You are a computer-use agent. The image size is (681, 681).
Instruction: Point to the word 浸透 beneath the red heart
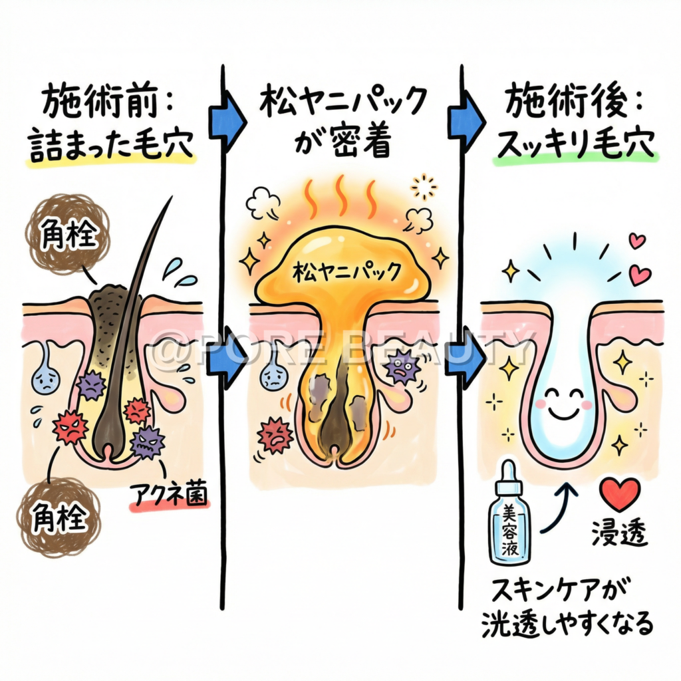coord(619,534)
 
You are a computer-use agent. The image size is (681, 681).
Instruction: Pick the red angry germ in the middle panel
coord(275,435)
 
